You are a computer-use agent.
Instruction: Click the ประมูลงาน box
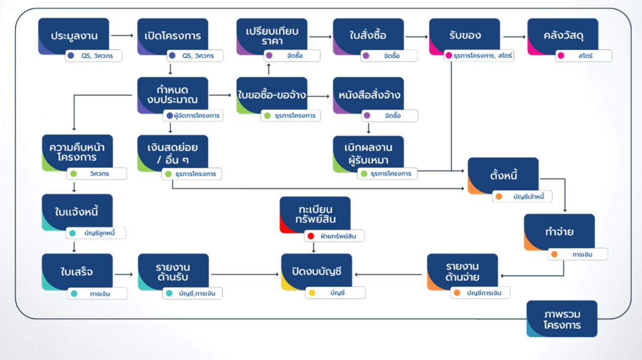coord(74,36)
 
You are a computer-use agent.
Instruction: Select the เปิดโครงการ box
coord(173,36)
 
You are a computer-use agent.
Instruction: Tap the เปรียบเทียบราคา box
coord(272,36)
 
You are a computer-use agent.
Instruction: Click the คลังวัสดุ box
coord(563,36)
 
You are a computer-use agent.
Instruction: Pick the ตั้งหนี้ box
coord(503,175)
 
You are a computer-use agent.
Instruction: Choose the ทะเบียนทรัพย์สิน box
coord(315,215)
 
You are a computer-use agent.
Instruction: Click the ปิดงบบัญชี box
coord(316,272)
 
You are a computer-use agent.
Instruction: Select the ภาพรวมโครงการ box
coord(562,319)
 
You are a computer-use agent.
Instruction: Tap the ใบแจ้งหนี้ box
coord(77,213)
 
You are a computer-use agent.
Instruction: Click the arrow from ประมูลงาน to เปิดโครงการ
coord(122,35)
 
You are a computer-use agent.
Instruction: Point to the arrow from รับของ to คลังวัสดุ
coord(514,37)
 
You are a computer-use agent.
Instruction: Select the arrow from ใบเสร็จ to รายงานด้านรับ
coord(124,274)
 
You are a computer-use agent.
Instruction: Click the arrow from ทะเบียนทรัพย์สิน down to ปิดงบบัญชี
coord(313,247)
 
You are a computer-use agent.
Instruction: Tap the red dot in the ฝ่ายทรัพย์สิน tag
coord(311,236)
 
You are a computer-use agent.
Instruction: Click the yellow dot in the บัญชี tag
coord(312,293)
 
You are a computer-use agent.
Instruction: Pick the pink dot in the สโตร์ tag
coord(561,56)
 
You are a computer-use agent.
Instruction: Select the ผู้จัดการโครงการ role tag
coord(193,116)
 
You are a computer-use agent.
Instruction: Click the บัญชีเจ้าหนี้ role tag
coord(522,196)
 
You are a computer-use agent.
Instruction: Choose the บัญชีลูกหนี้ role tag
coord(96,233)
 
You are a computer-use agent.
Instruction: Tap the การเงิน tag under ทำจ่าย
coord(577,254)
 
